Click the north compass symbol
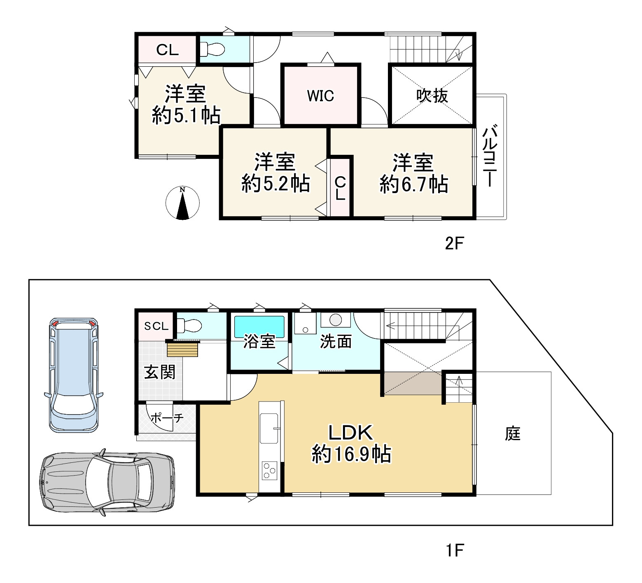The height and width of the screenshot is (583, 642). [182, 203]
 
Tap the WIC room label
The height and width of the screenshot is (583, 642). [320, 96]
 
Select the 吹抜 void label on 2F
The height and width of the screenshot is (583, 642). [432, 96]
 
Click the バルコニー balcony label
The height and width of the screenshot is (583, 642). [490, 156]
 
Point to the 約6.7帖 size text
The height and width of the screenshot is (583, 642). [414, 184]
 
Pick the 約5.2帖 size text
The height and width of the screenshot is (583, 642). [275, 183]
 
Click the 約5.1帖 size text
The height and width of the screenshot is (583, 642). [186, 115]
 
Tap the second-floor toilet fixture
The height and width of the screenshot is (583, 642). [212, 49]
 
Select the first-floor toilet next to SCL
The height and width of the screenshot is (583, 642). [189, 326]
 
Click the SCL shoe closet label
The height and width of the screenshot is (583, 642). [156, 326]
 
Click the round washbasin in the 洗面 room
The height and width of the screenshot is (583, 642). [336, 320]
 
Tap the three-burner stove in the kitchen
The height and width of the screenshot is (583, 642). [270, 471]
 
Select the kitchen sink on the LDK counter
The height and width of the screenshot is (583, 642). [269, 428]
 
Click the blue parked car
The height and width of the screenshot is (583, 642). [73, 375]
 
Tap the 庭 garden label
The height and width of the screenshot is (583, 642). [513, 433]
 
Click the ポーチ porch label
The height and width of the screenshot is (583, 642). [167, 418]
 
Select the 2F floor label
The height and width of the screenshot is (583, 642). [454, 244]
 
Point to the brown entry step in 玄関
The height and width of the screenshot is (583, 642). [183, 350]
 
